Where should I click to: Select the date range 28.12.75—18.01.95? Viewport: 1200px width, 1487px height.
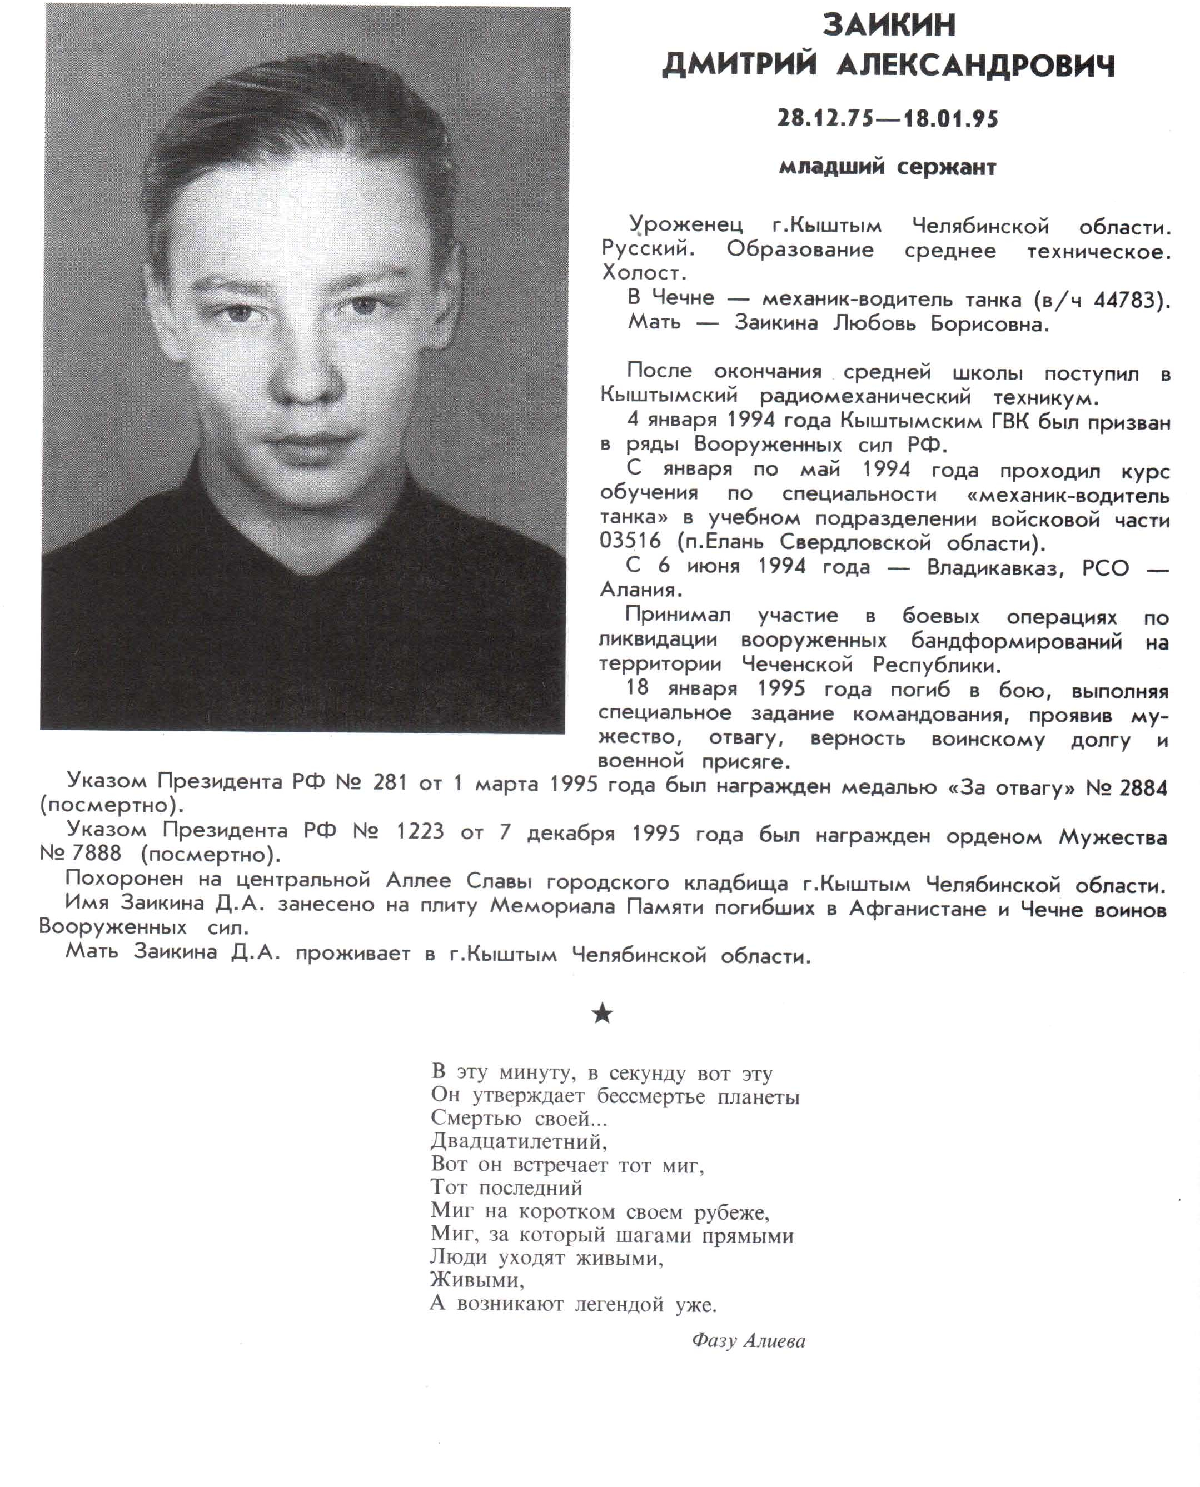888,119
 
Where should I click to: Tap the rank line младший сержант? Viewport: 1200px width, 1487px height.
888,167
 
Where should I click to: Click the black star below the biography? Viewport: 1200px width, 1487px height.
602,1014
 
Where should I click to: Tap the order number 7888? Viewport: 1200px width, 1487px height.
97,854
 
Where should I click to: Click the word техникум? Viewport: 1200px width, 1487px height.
1044,398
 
